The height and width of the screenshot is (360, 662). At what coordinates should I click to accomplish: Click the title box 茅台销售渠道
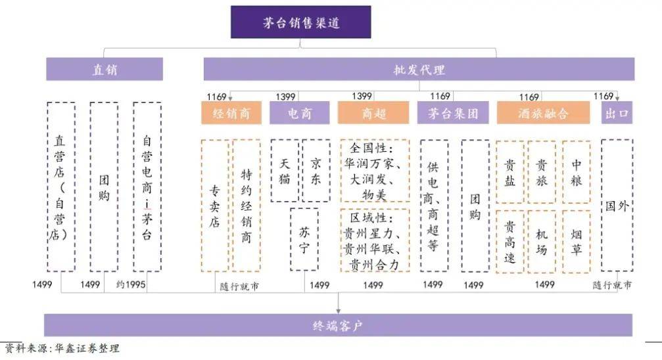pyautogui.click(x=300, y=22)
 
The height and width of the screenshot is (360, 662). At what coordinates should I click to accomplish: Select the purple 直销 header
pyautogui.click(x=105, y=69)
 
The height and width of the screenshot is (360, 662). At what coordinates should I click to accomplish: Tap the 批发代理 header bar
pyautogui.click(x=419, y=69)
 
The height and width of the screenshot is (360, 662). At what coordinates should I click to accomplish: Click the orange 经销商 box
pyautogui.click(x=231, y=113)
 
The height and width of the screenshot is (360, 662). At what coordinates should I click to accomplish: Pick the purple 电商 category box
pyautogui.click(x=300, y=113)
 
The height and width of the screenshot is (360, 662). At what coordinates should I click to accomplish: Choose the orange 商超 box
pyautogui.click(x=373, y=113)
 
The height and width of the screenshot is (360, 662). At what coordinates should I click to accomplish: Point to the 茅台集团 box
pyautogui.click(x=453, y=113)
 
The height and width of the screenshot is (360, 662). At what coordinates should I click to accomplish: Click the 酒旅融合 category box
pyautogui.click(x=543, y=113)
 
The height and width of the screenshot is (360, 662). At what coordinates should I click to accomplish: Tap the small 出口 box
pyautogui.click(x=617, y=113)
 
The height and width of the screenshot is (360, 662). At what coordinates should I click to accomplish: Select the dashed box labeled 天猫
pyautogui.click(x=285, y=171)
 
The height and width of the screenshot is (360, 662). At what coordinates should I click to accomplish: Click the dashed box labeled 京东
pyautogui.click(x=316, y=171)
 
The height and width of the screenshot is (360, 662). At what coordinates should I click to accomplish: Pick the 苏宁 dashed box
pyautogui.click(x=304, y=239)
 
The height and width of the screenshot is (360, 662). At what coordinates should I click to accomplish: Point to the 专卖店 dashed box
pyautogui.click(x=215, y=206)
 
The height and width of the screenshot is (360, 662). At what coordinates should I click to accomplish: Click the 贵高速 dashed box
pyautogui.click(x=510, y=242)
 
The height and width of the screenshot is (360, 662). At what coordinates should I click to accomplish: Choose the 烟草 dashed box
pyautogui.click(x=577, y=242)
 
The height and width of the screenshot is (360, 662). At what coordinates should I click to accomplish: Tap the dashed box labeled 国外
pyautogui.click(x=617, y=206)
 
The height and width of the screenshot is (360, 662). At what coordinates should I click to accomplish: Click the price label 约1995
pyautogui.click(x=131, y=284)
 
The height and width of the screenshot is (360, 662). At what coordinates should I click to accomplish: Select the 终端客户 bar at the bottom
pyautogui.click(x=338, y=325)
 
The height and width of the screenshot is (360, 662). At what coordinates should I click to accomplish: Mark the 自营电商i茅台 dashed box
pyautogui.click(x=147, y=187)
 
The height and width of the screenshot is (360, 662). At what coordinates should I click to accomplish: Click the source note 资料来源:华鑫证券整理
pyautogui.click(x=62, y=348)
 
